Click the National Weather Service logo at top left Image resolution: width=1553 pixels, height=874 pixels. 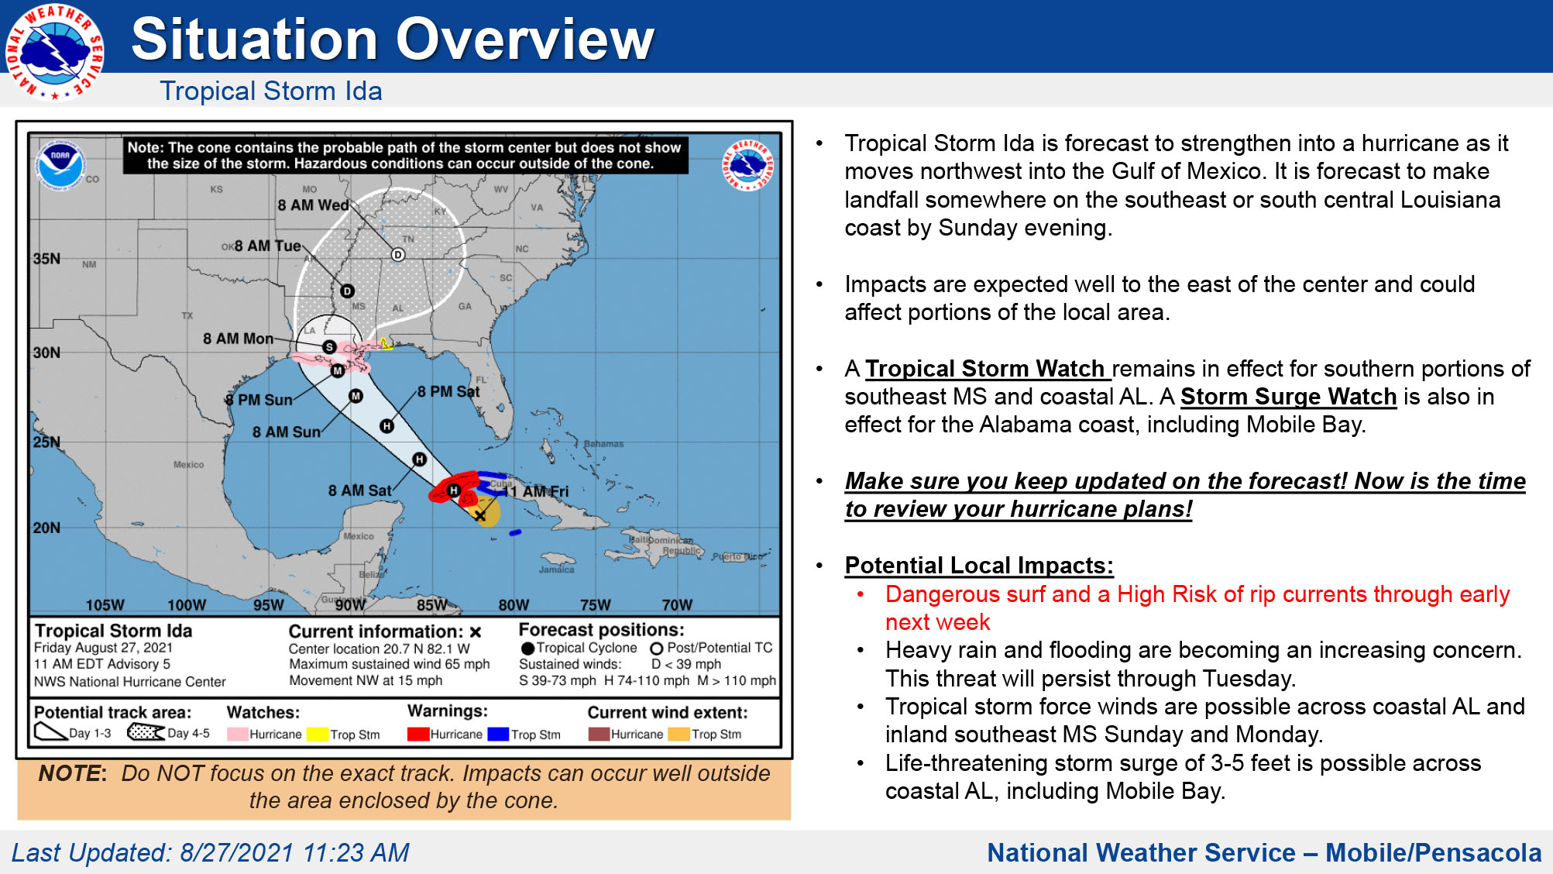(54, 52)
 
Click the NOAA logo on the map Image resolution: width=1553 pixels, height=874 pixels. (60, 164)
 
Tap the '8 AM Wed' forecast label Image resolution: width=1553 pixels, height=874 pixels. (313, 205)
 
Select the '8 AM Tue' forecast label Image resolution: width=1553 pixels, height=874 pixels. (267, 246)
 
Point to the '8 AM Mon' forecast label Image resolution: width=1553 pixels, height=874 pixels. (238, 339)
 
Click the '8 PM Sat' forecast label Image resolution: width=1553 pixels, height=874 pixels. (448, 391)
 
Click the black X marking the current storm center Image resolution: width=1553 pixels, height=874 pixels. (480, 515)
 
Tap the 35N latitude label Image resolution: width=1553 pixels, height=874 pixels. (46, 259)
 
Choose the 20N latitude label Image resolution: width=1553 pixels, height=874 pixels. (46, 528)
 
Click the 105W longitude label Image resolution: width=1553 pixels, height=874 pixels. (105, 604)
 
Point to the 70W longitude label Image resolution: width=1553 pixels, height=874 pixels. (677, 604)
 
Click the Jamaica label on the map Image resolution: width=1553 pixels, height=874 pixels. (556, 569)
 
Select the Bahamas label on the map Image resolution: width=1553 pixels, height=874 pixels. (603, 444)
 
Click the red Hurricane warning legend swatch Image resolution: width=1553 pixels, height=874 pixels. (418, 734)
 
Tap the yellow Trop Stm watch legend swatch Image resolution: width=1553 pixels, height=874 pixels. (318, 734)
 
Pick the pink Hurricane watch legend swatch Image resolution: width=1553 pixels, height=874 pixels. (237, 734)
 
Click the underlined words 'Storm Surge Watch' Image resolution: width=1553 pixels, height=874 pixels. (1288, 397)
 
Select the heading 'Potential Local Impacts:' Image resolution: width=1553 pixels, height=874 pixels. (979, 566)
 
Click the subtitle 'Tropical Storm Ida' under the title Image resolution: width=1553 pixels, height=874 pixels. (271, 91)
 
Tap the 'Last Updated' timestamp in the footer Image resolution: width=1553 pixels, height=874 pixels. (210, 852)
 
